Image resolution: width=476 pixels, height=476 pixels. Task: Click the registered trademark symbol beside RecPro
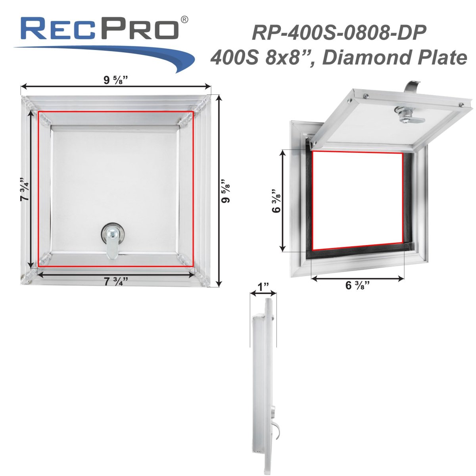[x=184, y=20]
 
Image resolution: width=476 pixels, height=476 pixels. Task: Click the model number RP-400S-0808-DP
[x=339, y=33]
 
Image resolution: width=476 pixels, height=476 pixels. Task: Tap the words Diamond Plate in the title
[x=394, y=57]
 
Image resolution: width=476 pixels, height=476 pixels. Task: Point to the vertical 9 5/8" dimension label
[x=226, y=191]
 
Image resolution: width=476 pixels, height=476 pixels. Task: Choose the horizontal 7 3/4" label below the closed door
[x=115, y=281]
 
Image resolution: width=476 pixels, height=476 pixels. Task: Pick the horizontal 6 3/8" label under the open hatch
[x=357, y=285]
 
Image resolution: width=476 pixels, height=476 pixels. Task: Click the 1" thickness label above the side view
[x=263, y=287]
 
